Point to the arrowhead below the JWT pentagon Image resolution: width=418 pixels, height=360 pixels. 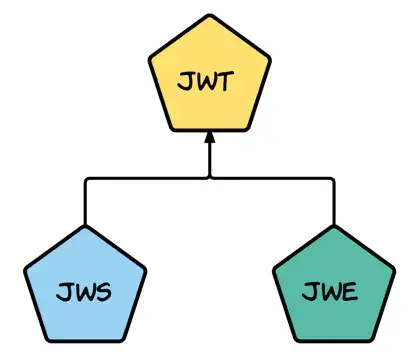coord(209,141)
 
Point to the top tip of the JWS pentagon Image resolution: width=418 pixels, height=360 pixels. coord(85,227)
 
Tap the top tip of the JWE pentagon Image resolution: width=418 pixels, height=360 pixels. coord(333,227)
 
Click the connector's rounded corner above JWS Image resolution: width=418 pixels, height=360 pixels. coord(87,181)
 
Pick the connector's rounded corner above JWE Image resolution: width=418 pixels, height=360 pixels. coord(331,181)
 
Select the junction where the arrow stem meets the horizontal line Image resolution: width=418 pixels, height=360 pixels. coord(209,179)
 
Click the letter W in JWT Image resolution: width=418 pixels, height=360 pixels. coord(207,81)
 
